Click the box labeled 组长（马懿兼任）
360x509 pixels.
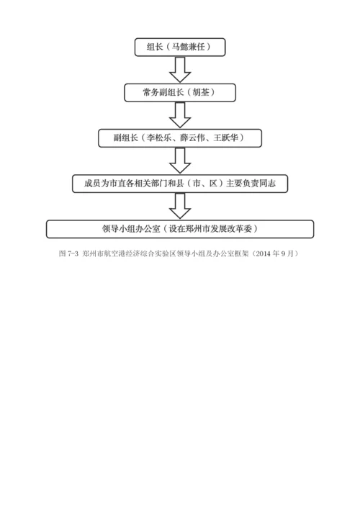coord(180,48)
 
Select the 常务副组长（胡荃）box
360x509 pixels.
coord(180,93)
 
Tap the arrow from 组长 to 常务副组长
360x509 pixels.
coord(180,70)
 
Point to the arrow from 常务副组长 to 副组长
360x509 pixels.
coord(180,115)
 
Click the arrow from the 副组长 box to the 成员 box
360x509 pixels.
coord(180,161)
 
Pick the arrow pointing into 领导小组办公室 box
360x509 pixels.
coord(180,206)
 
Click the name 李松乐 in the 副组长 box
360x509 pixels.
coord(158,138)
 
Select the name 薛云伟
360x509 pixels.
coord(192,138)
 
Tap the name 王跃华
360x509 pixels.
coord(225,138)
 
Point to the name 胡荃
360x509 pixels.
coord(201,93)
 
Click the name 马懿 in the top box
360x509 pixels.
coord(181,48)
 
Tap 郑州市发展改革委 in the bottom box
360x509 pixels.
coord(223,229)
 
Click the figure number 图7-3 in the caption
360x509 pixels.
coord(68,254)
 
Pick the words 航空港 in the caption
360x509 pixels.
coord(118,254)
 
